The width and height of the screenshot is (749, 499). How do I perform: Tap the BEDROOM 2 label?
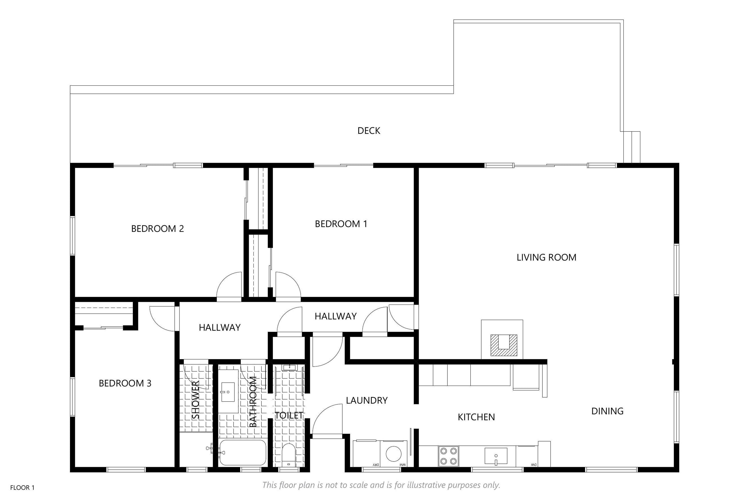pos(158,228)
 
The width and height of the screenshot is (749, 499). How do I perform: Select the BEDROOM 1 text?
pos(341,224)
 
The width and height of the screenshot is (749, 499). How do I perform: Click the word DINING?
pos(607,411)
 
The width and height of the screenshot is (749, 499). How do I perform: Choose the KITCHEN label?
pos(476,417)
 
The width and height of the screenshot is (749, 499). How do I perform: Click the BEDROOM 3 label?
pos(125,383)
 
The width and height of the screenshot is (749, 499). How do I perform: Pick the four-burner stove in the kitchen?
pos(448,456)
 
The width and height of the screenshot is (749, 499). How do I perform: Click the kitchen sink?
pos(496,456)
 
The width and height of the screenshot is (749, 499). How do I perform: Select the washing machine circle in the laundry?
pos(394,454)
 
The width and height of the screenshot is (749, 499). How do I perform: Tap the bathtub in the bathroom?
pos(243,452)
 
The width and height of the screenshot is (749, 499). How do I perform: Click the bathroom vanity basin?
pos(228,392)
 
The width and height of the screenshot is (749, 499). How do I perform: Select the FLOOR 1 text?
pos(22,487)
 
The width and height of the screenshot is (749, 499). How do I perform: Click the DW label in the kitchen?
pos(534,465)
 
